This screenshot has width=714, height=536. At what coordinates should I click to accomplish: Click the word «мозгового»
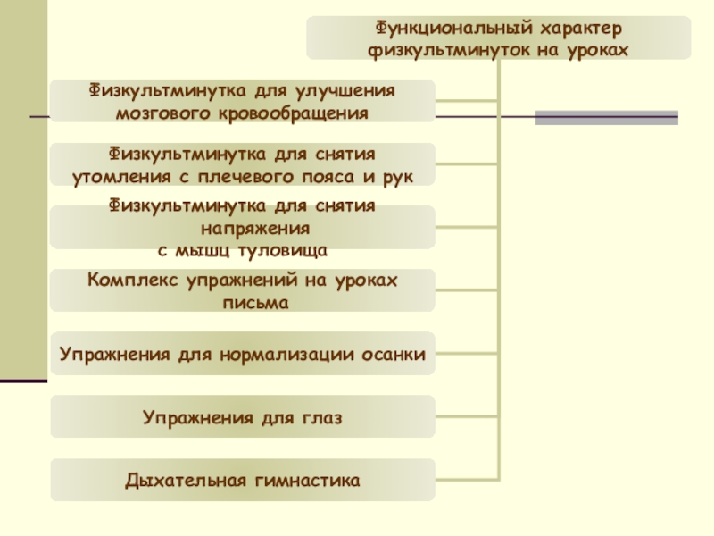point(158,113)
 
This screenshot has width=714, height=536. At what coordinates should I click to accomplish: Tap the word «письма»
point(243,303)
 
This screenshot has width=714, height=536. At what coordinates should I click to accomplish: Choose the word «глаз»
point(322,417)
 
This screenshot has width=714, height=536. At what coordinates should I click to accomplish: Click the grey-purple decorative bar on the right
point(606,117)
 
